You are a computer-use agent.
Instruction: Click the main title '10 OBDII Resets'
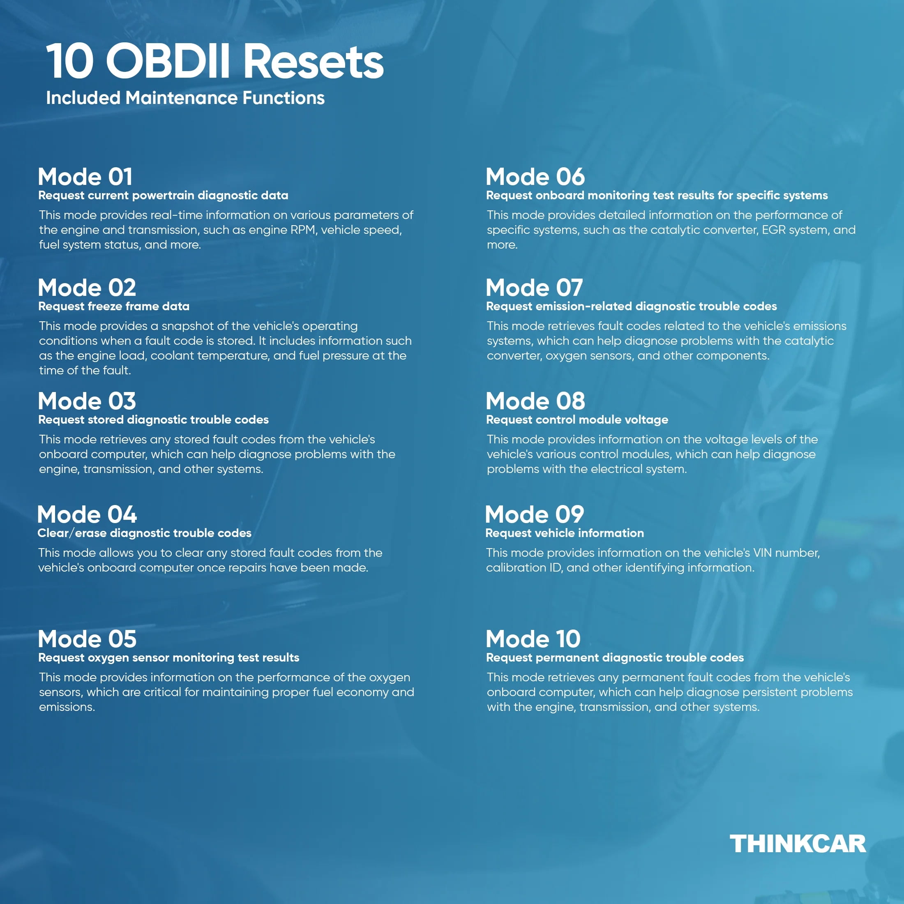[215, 61]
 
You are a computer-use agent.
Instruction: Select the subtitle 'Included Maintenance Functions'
[185, 98]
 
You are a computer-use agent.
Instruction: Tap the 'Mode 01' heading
[85, 177]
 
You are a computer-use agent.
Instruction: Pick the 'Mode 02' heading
[87, 288]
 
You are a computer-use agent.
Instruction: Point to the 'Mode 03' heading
[87, 401]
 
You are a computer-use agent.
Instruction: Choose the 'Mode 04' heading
[87, 515]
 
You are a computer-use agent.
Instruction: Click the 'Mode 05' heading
[87, 639]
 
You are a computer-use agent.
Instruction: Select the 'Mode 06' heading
[535, 177]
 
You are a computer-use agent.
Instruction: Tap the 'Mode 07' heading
[534, 288]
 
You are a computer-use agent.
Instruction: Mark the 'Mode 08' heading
[535, 401]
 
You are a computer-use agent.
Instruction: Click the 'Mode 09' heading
[534, 515]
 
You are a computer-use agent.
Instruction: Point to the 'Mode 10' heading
[533, 639]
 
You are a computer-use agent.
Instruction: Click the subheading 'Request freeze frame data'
[114, 307]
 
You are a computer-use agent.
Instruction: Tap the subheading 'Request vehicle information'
[564, 533]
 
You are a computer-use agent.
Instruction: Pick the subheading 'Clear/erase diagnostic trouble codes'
[145, 533]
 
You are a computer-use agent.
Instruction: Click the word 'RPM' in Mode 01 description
[303, 230]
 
